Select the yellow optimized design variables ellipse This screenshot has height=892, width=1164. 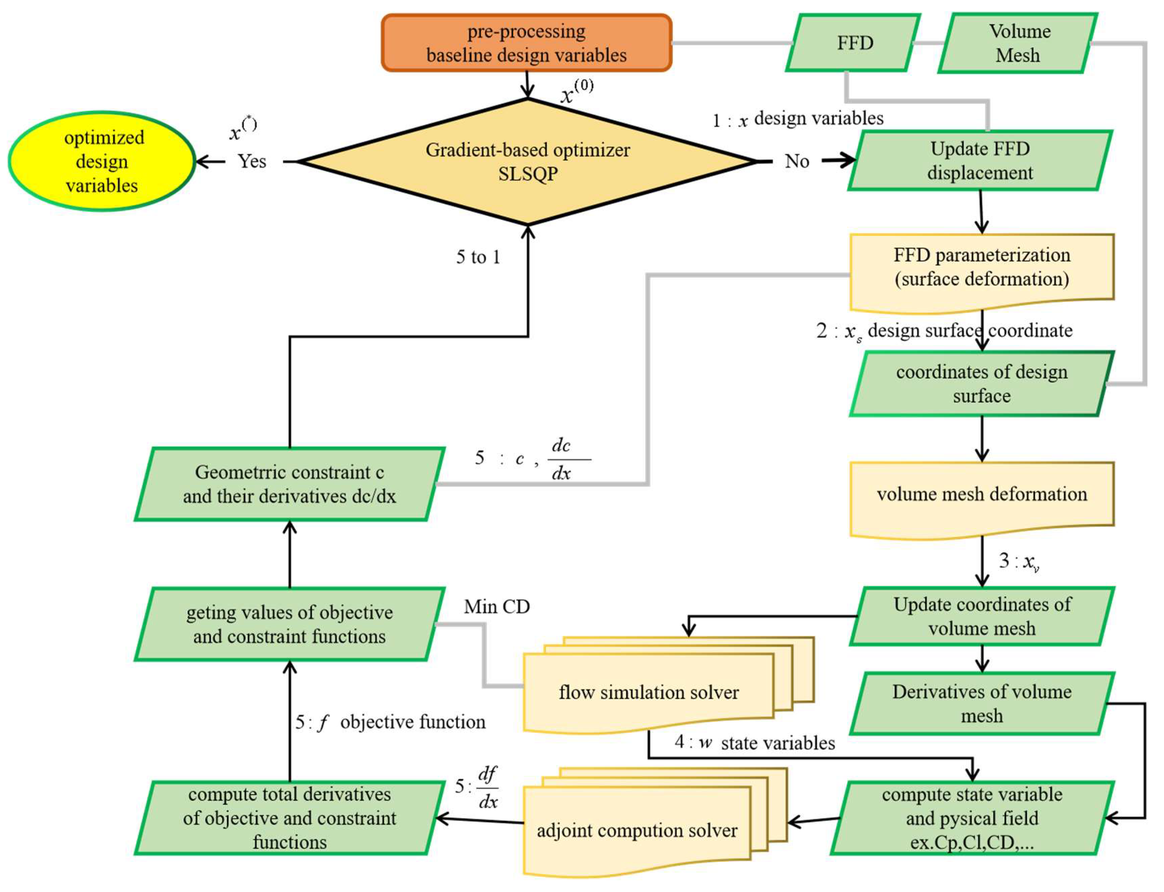click(x=102, y=161)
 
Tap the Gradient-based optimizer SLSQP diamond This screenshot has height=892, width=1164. click(x=527, y=161)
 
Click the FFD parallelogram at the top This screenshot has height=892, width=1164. click(x=854, y=43)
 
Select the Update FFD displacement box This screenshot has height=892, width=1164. click(x=980, y=160)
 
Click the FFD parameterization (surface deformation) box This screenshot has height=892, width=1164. click(x=981, y=268)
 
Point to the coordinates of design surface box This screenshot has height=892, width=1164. click(x=981, y=383)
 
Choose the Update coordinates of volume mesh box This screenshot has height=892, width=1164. click(x=981, y=616)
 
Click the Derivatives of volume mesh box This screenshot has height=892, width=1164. click(x=981, y=703)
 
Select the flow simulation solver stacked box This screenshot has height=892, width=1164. click(x=648, y=692)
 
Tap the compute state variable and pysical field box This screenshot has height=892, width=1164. click(x=972, y=818)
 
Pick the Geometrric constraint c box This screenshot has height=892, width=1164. click(x=289, y=484)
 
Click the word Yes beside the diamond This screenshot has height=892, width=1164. click(x=252, y=161)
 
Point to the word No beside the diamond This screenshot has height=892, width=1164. click(x=797, y=161)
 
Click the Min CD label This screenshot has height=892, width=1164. click(x=497, y=606)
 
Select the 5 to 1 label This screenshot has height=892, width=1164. click(x=478, y=257)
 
